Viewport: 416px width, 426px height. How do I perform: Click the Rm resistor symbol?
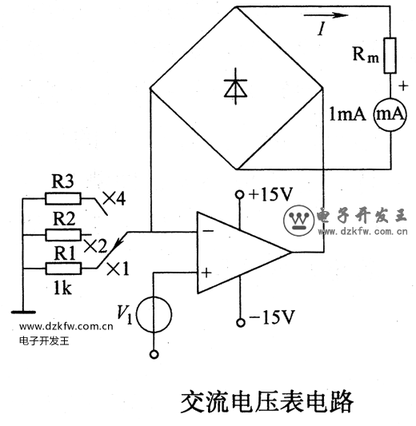[x=390, y=55]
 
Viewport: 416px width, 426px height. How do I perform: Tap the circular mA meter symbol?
[x=390, y=114]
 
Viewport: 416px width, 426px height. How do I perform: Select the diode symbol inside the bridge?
[x=235, y=86]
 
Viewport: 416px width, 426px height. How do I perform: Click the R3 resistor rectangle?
[x=63, y=198]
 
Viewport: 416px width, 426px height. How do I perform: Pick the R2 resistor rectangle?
[x=63, y=235]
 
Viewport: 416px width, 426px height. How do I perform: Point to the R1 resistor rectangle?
[x=63, y=269]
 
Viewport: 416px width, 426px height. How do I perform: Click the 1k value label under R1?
[x=62, y=288]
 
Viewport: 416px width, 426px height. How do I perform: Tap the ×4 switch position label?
[x=114, y=198]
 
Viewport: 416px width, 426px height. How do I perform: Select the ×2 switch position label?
[x=95, y=246]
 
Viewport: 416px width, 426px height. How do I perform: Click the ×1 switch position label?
[x=118, y=269]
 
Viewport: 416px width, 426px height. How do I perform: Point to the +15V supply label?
[x=271, y=194]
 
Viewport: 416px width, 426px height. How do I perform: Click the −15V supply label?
[x=272, y=317]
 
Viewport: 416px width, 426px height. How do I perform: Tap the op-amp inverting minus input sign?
[x=208, y=231]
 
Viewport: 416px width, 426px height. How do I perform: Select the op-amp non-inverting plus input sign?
[x=206, y=273]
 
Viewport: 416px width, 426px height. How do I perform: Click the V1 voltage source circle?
[x=154, y=315]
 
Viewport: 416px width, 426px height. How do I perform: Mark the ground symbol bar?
[x=23, y=313]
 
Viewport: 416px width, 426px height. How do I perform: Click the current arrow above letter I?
[x=326, y=15]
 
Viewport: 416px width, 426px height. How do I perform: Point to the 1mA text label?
[x=347, y=114]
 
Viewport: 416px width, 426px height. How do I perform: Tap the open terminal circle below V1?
[x=154, y=354]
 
